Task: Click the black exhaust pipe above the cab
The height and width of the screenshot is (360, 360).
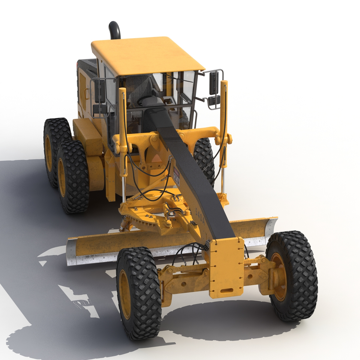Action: [x=115, y=30]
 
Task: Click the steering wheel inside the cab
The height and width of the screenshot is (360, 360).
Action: [x=147, y=99]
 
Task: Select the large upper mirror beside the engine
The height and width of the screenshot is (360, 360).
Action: [x=100, y=91]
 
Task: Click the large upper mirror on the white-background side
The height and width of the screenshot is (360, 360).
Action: [x=214, y=83]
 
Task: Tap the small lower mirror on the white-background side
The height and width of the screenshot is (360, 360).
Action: [x=214, y=100]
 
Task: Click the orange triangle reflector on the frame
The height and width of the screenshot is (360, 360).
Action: [x=156, y=158]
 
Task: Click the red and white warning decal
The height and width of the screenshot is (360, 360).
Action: [x=176, y=177]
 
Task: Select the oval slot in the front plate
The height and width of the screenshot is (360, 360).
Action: [x=227, y=291]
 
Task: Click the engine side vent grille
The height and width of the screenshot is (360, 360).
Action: [x=82, y=91]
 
